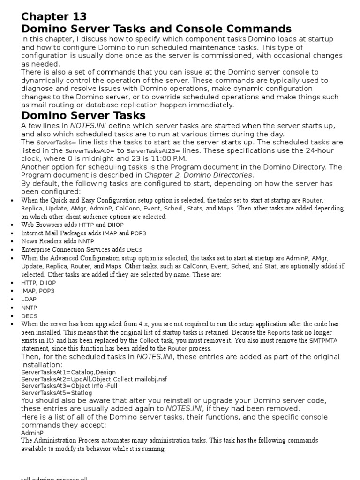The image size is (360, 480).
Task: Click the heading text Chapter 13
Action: point(54,16)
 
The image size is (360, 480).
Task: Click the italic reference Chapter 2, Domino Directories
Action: point(199,175)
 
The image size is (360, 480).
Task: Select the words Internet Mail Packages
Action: point(50,233)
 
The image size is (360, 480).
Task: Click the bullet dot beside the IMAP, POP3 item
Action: point(11,291)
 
